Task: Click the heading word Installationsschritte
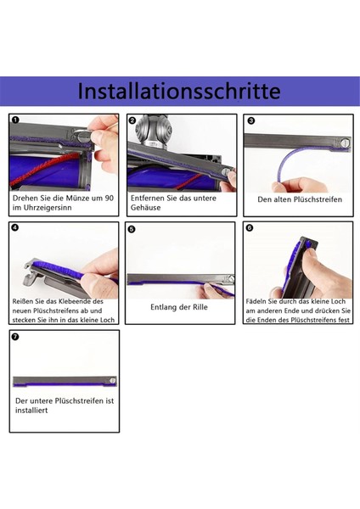point(179,91)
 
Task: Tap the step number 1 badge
point(16,120)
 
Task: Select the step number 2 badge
point(132,120)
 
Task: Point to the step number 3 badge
point(250,120)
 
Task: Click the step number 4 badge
point(16,227)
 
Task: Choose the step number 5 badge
point(132,228)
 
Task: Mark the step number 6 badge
point(250,227)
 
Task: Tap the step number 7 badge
point(16,336)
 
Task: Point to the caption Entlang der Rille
point(179,307)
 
